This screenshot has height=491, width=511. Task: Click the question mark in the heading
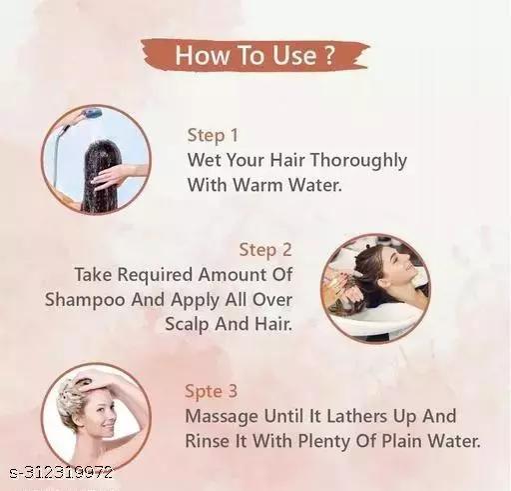[x=328, y=55]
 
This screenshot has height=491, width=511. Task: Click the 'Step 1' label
[x=213, y=135]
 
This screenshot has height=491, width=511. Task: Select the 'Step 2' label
[x=265, y=250]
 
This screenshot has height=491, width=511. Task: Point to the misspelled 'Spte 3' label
[x=212, y=391]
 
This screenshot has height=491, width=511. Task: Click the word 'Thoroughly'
[x=358, y=161]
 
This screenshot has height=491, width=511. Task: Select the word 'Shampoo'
[x=85, y=300]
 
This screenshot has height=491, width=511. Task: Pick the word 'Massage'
[x=222, y=417]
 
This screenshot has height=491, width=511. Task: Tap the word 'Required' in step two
[x=156, y=275]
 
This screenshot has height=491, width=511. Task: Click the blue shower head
[x=92, y=113]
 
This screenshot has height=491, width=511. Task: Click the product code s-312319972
[x=61, y=473]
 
